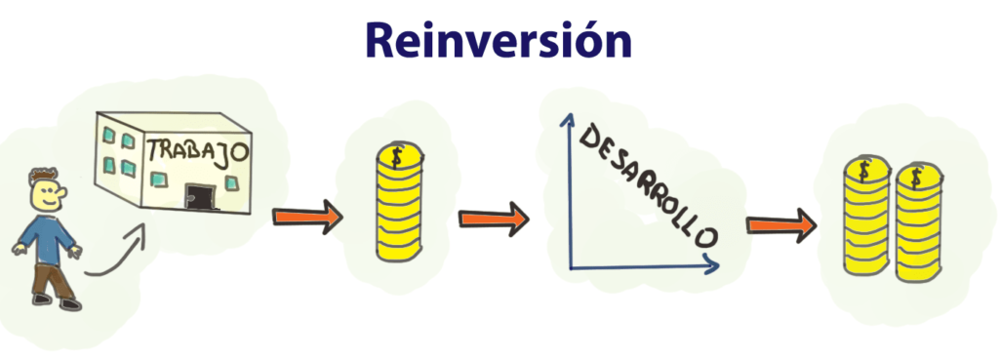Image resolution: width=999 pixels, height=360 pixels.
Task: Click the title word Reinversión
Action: click(499, 41)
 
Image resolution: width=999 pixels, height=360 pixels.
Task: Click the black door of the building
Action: click(204, 194)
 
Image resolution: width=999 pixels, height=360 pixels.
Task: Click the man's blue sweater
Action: click(48, 239)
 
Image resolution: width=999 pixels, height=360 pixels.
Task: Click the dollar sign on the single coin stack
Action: click(396, 156)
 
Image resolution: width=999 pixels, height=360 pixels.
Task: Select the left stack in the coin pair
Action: click(863, 223)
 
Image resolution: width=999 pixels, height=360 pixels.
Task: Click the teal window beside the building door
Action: click(232, 183)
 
